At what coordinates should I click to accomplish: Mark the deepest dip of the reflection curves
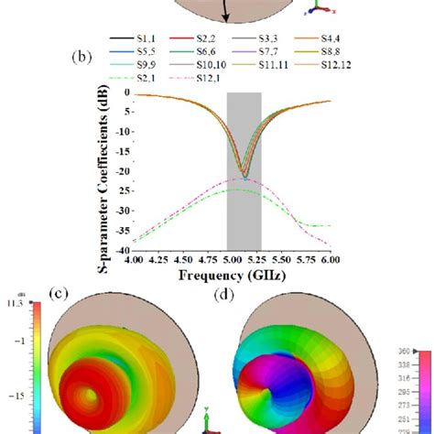[244, 176]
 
